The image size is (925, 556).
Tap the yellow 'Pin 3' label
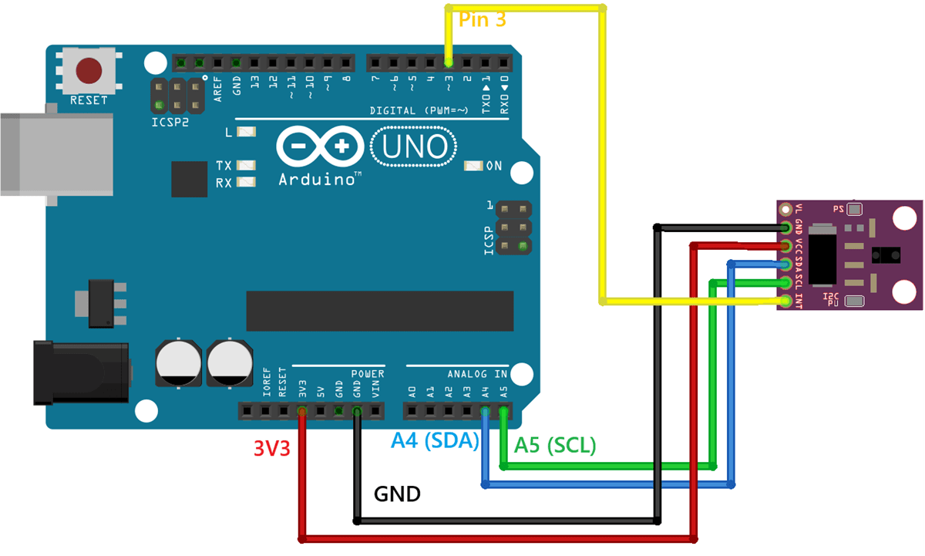tap(483, 20)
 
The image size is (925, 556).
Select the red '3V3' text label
tap(271, 448)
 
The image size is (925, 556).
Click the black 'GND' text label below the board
tap(397, 494)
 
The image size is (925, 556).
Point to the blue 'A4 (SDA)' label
tap(435, 440)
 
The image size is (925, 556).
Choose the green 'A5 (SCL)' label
tap(555, 445)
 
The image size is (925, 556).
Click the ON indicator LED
tap(473, 166)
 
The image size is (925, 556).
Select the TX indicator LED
tap(247, 166)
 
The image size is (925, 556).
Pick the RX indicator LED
tap(247, 183)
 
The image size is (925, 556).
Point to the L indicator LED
tap(247, 132)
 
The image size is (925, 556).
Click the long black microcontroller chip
tap(379, 311)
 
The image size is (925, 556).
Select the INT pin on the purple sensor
tap(785, 301)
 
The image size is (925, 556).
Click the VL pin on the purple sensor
tap(785, 209)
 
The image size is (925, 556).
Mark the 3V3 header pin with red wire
tap(301, 411)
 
